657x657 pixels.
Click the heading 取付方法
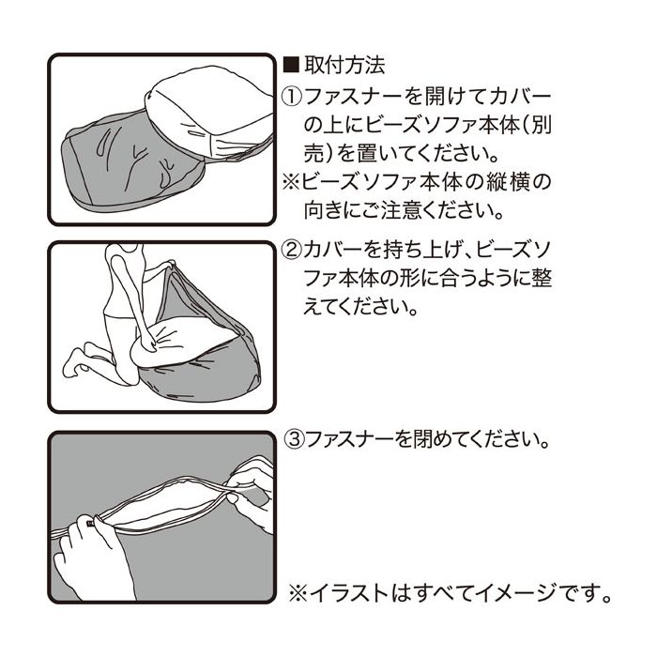tap(344, 66)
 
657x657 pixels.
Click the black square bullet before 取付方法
tap(292, 66)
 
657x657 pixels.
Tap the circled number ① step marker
tap(292, 98)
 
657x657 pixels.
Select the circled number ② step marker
tap(292, 250)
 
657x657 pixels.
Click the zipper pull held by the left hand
tap(90, 524)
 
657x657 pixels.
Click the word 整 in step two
tap(541, 278)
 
